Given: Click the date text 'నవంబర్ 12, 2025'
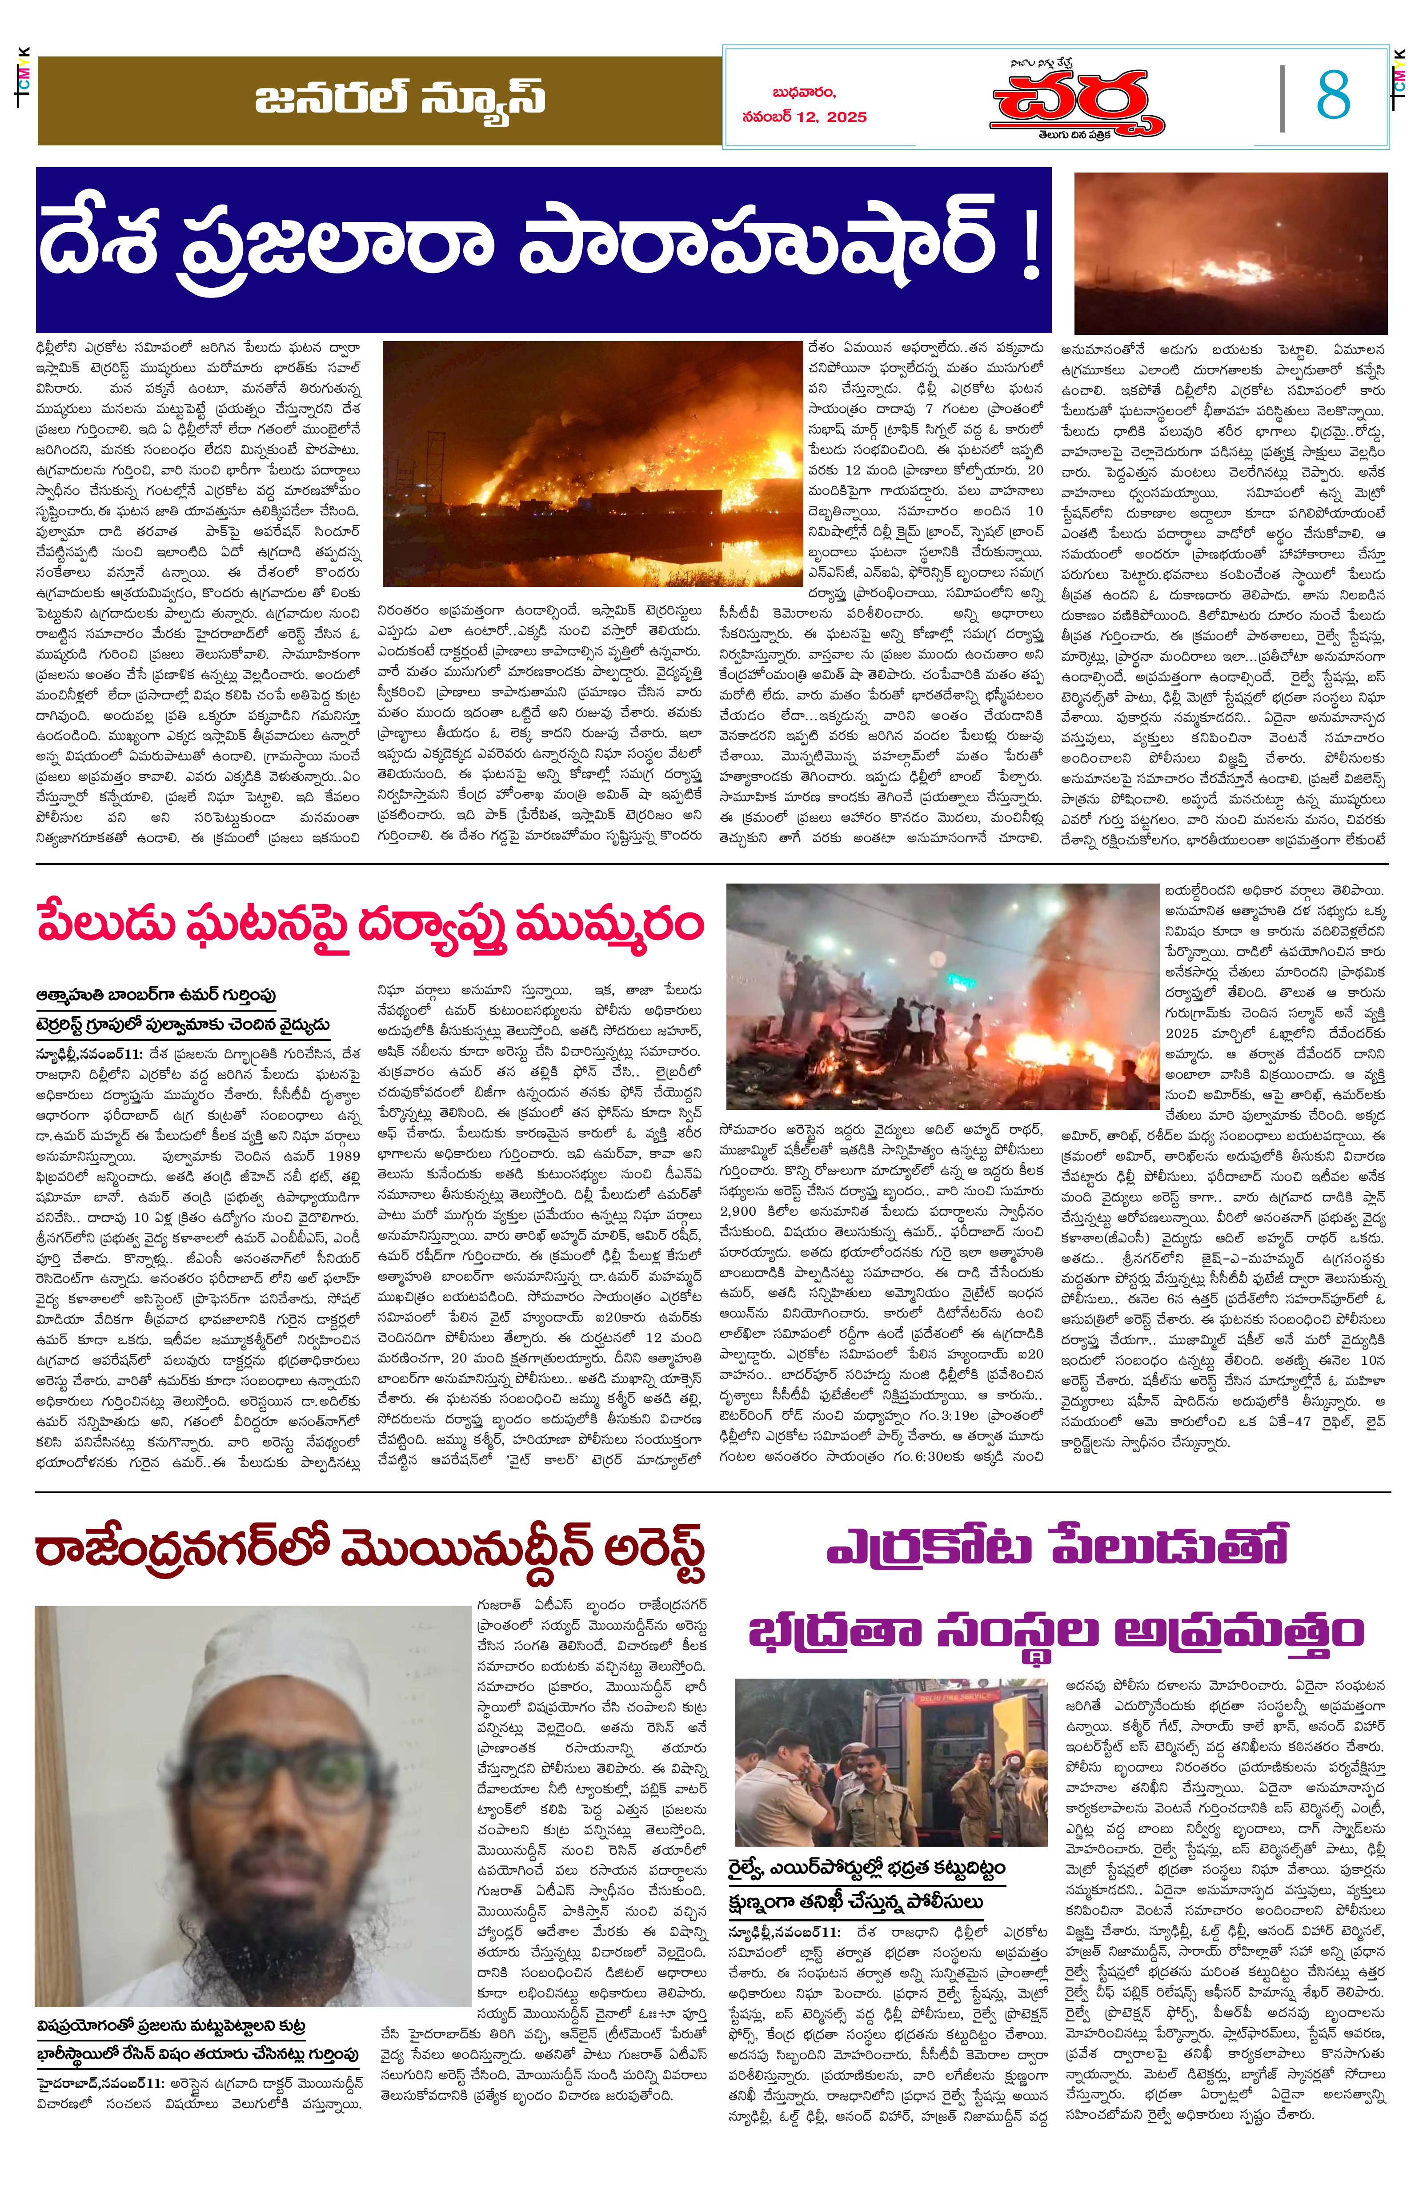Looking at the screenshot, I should coord(804,117).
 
